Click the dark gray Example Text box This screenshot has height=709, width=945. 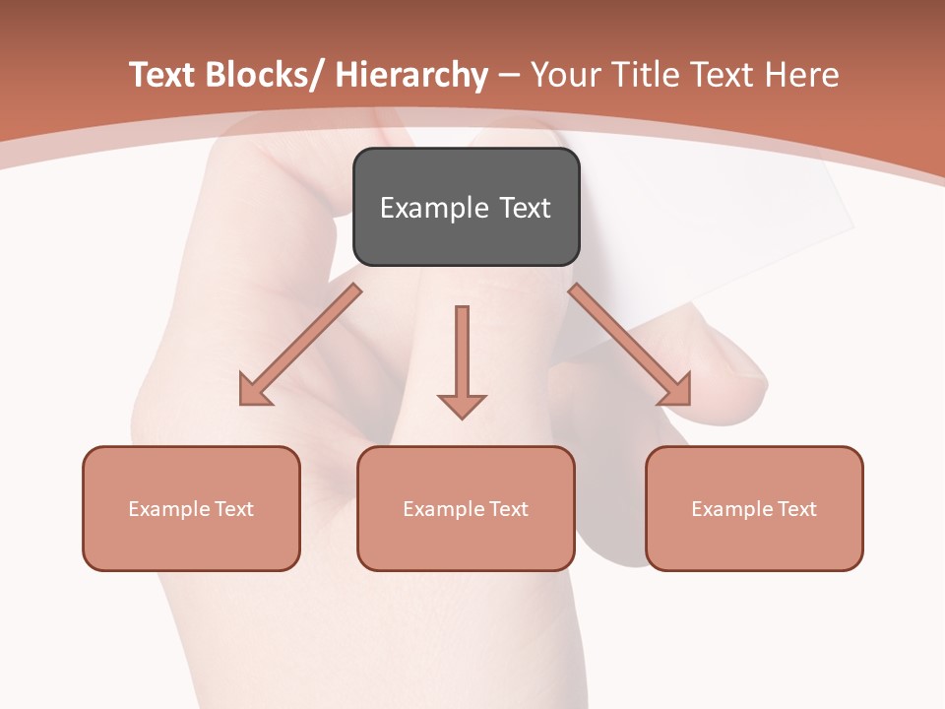coord(466,207)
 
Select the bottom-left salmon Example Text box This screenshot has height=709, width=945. coord(191,508)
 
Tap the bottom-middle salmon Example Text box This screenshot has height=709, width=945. coord(466,508)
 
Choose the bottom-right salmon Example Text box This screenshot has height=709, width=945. coord(754,508)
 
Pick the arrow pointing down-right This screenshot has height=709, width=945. coord(630,345)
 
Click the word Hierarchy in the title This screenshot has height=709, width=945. coord(411,75)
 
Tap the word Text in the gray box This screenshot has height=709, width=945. coord(525,208)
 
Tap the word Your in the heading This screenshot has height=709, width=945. coord(565,75)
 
